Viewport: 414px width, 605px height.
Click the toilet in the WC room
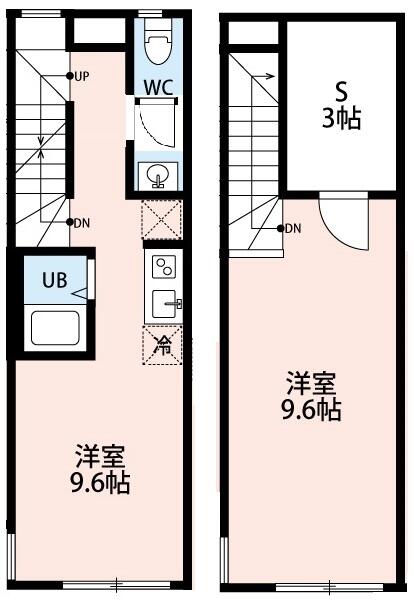157,44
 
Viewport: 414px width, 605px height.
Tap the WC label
158,86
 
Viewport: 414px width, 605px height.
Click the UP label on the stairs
82,76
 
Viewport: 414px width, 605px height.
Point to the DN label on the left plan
82,223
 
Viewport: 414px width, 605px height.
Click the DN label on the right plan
292,229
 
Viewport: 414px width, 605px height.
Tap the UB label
54,280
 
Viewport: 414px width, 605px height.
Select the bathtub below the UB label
55,328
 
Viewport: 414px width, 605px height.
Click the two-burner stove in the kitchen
162,266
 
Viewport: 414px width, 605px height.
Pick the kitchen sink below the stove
162,303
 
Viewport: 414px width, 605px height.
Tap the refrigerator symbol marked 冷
162,346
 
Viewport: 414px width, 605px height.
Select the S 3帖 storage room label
342,105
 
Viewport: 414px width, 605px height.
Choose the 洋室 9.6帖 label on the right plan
314,397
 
